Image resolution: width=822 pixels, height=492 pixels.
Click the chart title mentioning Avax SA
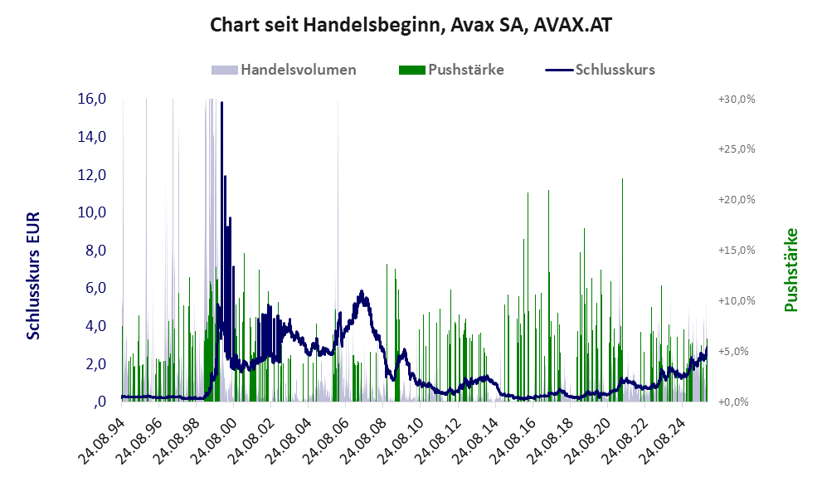(411, 26)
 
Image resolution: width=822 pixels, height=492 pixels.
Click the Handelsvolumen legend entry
(298, 70)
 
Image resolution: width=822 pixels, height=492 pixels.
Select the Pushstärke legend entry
(465, 70)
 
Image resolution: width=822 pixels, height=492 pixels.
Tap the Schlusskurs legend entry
(615, 70)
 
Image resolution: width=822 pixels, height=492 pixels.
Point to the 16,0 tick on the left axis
(91, 99)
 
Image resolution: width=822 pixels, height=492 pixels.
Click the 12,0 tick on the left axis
(91, 175)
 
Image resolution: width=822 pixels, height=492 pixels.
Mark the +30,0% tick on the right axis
(737, 99)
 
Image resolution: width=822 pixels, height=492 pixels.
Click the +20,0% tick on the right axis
(737, 200)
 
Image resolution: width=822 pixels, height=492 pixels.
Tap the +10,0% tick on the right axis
(737, 301)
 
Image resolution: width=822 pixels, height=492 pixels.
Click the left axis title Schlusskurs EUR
(34, 275)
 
